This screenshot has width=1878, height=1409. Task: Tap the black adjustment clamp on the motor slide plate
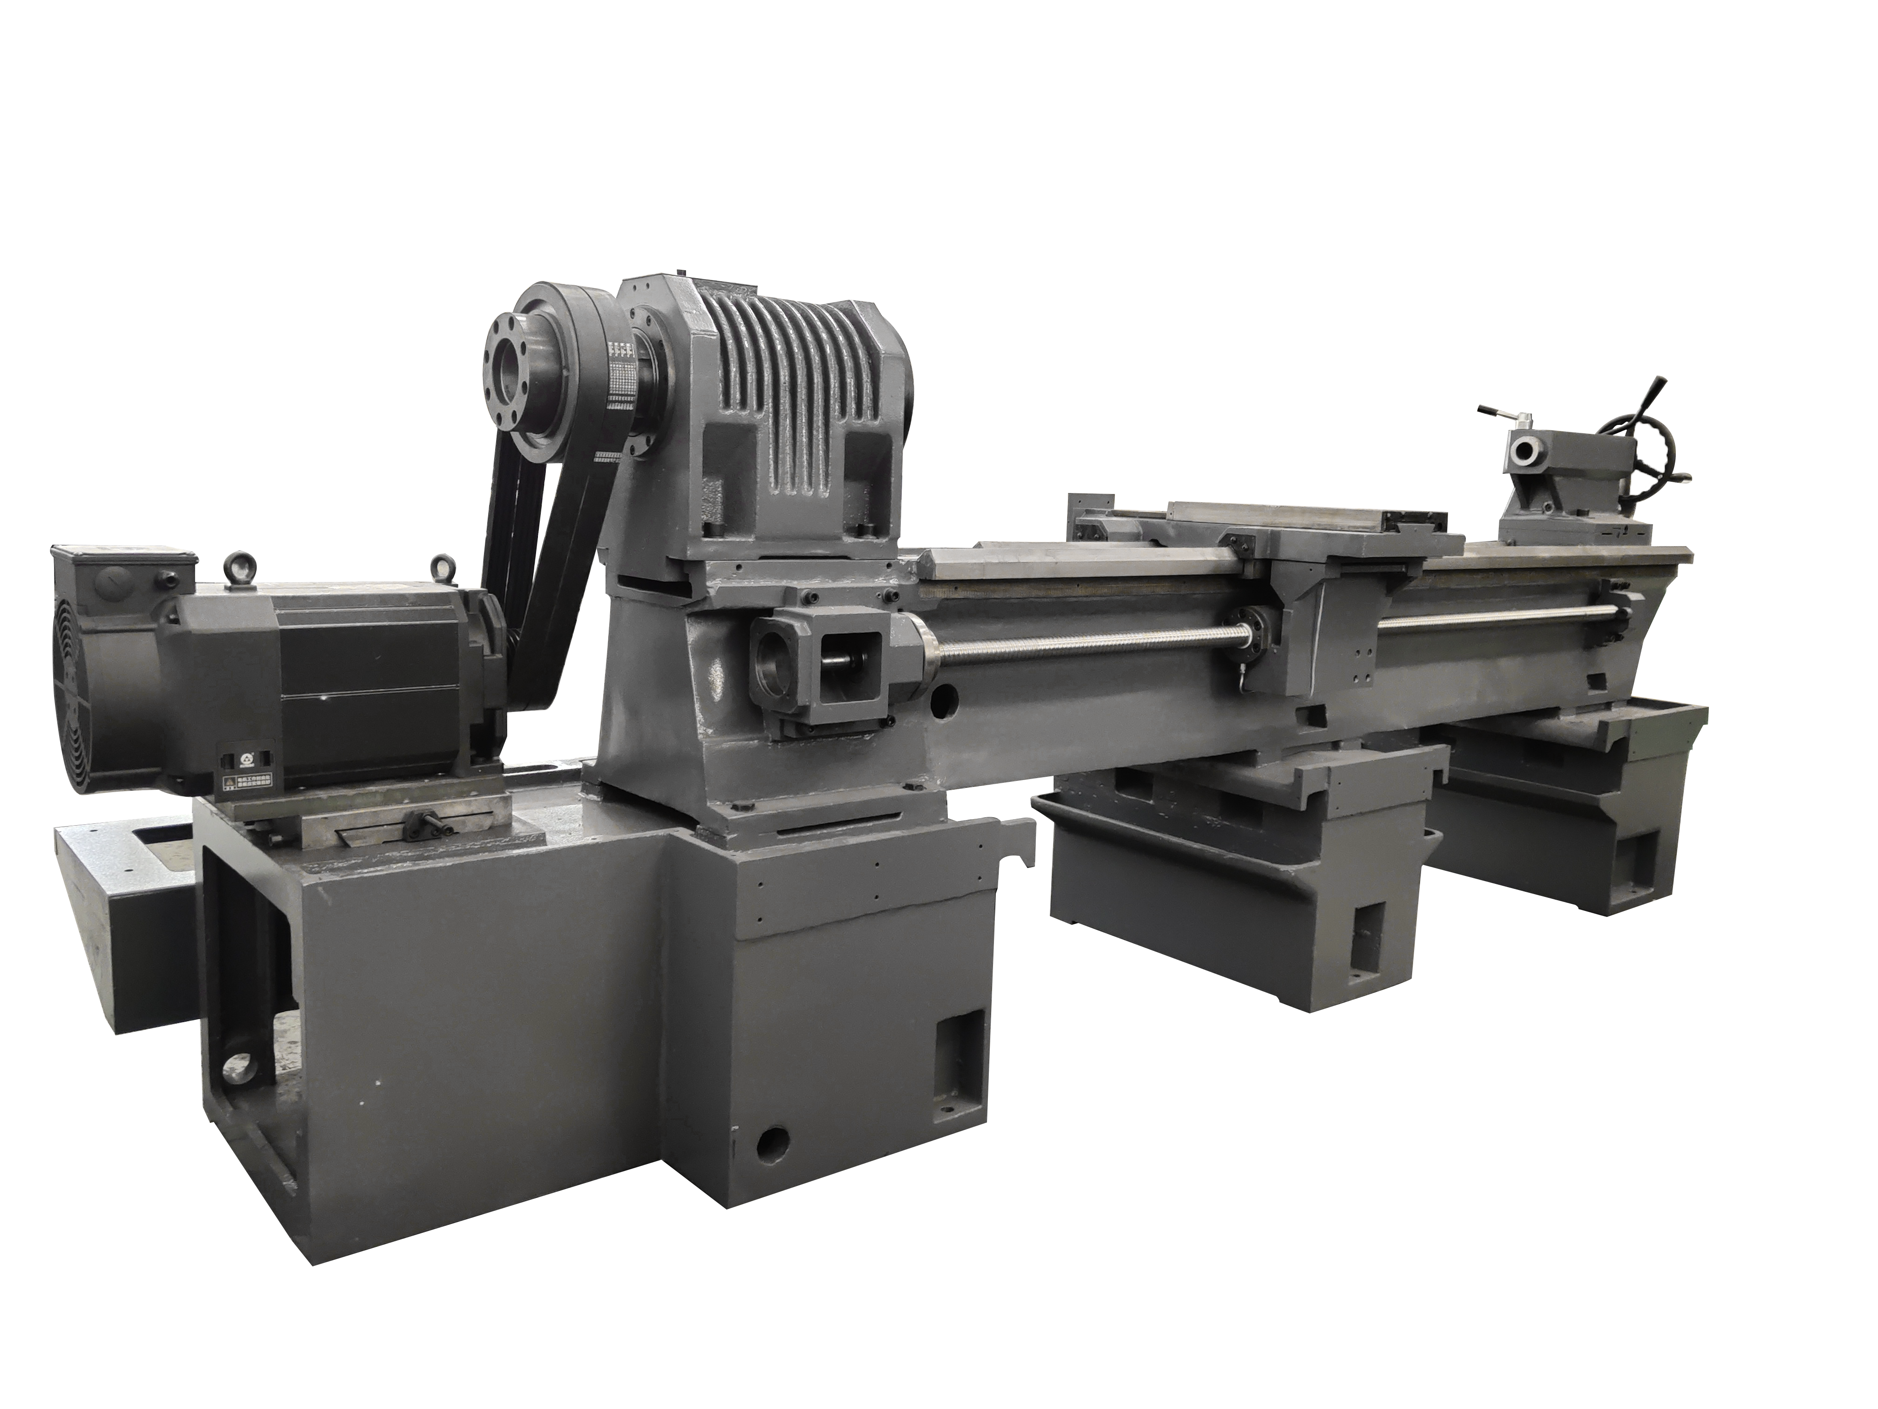(422, 822)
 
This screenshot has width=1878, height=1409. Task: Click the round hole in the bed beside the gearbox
(941, 703)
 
